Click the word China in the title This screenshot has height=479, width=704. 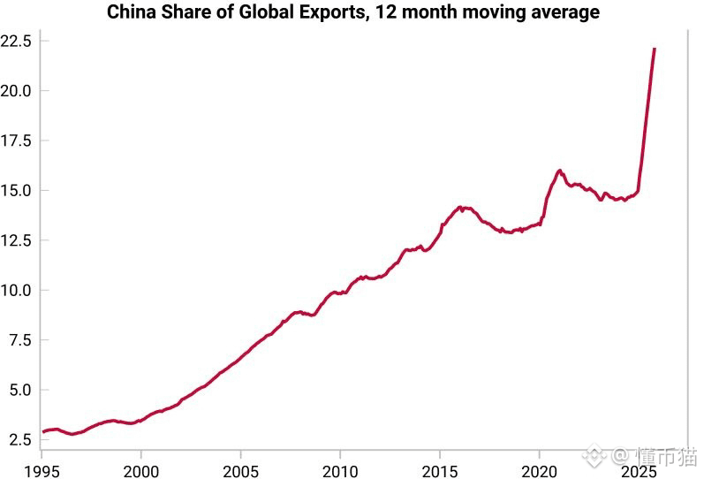[131, 12]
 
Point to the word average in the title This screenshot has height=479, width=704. [564, 12]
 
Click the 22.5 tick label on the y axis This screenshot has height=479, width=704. [17, 41]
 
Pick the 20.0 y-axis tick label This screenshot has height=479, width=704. [17, 90]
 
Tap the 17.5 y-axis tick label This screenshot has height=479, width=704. [17, 141]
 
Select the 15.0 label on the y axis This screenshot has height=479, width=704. [17, 190]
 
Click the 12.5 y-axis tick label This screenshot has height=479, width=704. [17, 240]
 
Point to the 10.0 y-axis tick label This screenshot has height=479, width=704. [17, 290]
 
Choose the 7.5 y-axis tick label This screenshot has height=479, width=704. [20, 340]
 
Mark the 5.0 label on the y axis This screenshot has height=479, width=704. [20, 390]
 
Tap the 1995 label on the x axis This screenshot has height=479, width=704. [42, 468]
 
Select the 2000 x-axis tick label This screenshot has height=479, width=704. [141, 468]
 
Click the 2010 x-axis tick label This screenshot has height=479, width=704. [341, 468]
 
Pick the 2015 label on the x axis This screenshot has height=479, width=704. [441, 468]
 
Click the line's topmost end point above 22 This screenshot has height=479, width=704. [655, 49]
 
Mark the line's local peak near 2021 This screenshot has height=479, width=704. [560, 171]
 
